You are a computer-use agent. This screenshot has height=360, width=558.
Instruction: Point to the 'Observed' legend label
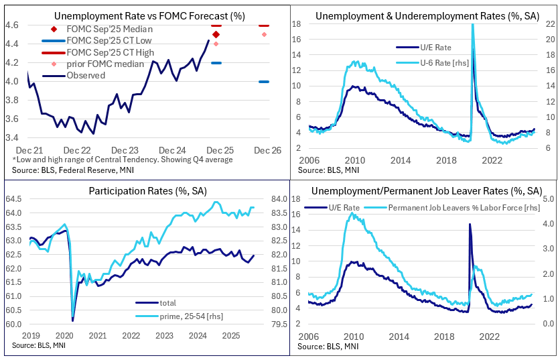pos(86,75)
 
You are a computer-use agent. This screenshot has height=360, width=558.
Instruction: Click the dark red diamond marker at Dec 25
pos(216,34)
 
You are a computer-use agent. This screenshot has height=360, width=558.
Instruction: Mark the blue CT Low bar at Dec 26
pos(264,82)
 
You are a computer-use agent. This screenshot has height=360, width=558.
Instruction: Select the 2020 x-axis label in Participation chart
pos(64,335)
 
